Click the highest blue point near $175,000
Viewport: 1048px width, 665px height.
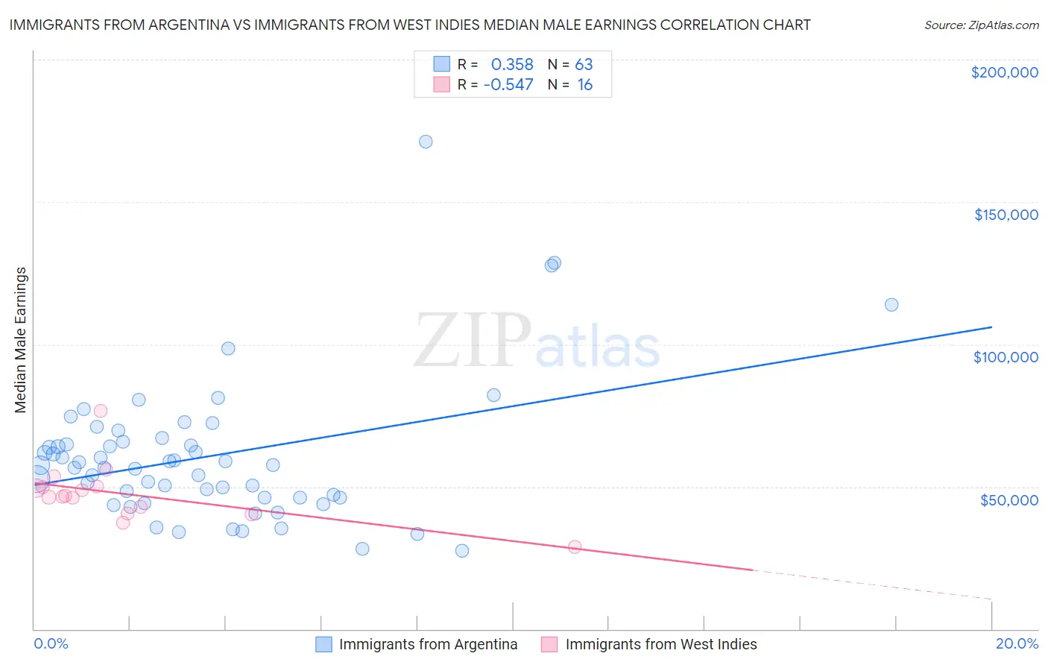tap(426, 142)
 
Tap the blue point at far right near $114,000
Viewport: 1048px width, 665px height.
tap(891, 305)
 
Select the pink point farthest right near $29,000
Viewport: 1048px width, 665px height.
tap(575, 546)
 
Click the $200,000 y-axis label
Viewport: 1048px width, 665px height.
tap(1004, 72)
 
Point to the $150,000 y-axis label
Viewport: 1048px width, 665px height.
tap(1006, 215)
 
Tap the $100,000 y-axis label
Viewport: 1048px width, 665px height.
tap(1006, 357)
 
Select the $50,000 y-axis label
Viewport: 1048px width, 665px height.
tap(1008, 499)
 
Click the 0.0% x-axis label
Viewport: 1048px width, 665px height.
tap(51, 643)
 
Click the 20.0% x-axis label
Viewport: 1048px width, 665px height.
tap(1017, 643)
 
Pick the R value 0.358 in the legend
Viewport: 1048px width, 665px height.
tap(512, 64)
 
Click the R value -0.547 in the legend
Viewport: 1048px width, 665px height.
tap(508, 85)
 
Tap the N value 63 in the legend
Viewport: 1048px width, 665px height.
tap(584, 64)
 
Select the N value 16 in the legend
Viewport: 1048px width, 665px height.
tap(585, 85)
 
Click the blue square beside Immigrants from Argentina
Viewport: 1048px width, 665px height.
tap(323, 644)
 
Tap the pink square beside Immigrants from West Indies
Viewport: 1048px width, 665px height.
tap(549, 644)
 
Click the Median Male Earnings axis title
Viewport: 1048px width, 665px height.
tap(21, 340)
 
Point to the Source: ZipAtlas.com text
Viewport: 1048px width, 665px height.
tap(982, 25)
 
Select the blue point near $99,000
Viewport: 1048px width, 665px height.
tap(228, 349)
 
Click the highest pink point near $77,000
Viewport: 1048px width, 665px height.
tap(101, 411)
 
